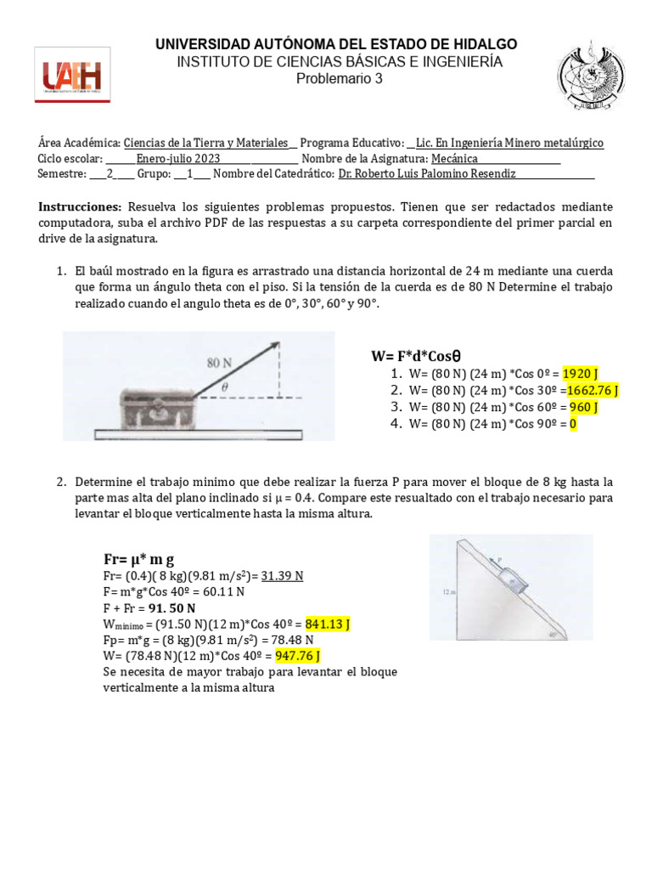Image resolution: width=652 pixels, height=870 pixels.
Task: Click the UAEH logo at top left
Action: pyautogui.click(x=72, y=76)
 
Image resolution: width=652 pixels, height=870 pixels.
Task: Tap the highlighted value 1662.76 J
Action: pyautogui.click(x=593, y=391)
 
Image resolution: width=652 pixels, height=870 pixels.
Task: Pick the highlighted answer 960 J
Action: pyautogui.click(x=583, y=407)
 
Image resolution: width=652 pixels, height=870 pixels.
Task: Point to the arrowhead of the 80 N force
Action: pyautogui.click(x=274, y=345)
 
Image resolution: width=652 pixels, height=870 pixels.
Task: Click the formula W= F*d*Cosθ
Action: pyautogui.click(x=420, y=355)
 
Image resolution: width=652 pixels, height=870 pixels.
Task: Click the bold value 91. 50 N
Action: pyautogui.click(x=171, y=608)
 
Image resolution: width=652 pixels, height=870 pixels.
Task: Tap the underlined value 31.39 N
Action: pyautogui.click(x=283, y=576)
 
